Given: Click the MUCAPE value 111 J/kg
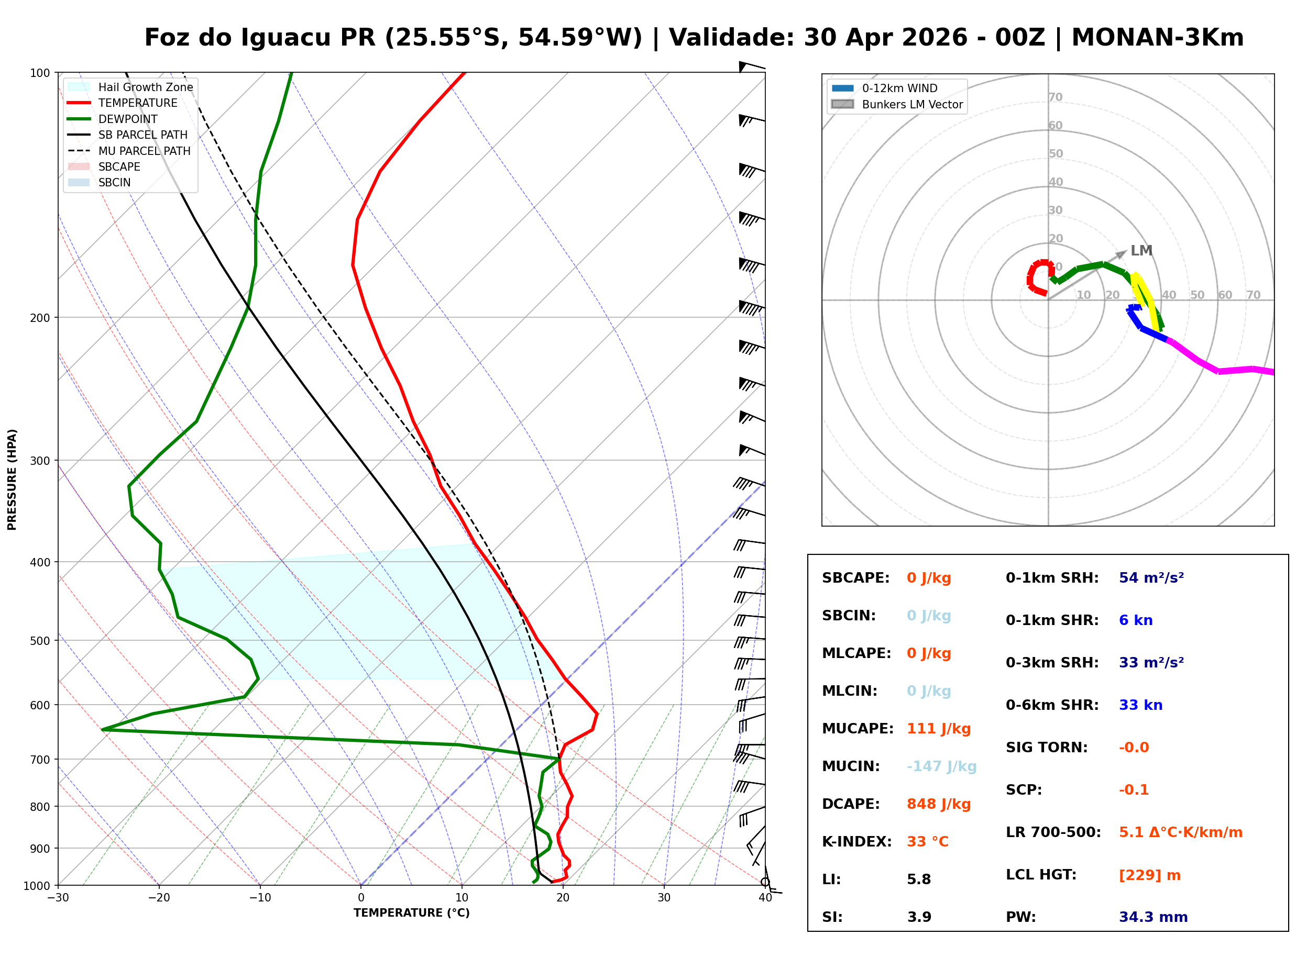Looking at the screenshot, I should tap(938, 728).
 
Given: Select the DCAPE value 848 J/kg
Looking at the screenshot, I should tap(938, 804).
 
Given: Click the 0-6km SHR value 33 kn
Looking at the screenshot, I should tap(1140, 705).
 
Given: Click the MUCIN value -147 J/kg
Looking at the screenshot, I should tap(941, 766).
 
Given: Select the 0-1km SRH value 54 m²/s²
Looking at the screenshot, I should tap(1151, 577).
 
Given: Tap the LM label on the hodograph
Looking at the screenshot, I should tap(1140, 251).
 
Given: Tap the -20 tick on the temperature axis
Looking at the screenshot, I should tap(159, 898).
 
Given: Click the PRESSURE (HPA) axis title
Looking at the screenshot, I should tap(12, 479).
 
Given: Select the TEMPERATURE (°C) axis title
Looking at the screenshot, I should tap(411, 913).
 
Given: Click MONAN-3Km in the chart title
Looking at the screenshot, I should tap(1157, 38).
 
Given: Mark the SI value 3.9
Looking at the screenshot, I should tap(919, 917).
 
